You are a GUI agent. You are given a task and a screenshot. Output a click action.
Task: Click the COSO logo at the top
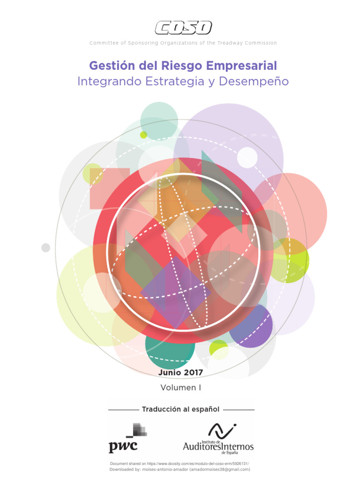pyautogui.click(x=183, y=28)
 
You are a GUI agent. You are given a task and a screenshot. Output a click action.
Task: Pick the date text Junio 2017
pyautogui.click(x=180, y=372)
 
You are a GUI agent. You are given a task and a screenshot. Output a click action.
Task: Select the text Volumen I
pyautogui.click(x=180, y=388)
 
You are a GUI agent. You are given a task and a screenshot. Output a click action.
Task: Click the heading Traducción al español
pyautogui.click(x=180, y=409)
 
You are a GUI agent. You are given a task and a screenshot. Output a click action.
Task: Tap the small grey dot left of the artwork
pyautogui.click(x=45, y=247)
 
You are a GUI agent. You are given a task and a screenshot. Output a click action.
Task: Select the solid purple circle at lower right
pyautogui.click(x=252, y=326)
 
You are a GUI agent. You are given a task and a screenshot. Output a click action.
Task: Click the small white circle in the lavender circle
pyautogui.click(x=247, y=157)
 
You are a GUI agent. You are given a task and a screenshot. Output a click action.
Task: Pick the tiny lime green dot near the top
pyautogui.click(x=143, y=135)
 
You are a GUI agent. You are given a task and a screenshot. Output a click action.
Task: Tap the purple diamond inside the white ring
pyautogui.click(x=175, y=287)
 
